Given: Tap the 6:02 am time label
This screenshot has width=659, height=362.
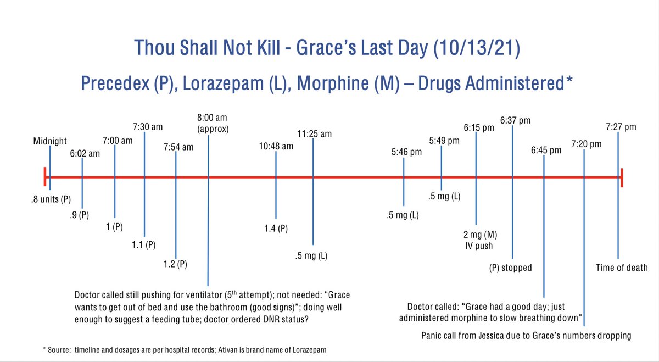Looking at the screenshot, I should point(85,154).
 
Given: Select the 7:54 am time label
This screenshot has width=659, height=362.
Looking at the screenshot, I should point(178,147).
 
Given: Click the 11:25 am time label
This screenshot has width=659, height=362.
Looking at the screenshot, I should point(314,133).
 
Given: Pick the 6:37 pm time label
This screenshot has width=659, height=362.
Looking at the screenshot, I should point(515,120).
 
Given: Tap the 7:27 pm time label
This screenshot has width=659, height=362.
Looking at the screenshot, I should point(621,127).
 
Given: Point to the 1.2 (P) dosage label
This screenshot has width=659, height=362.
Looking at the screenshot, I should point(176,264).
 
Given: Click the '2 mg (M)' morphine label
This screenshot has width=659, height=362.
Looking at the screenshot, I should point(477,235).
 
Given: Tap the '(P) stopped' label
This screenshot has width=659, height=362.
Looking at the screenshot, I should point(510,268).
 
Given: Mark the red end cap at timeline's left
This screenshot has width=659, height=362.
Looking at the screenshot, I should point(46,177).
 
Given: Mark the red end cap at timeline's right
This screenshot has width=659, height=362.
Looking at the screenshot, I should point(621,177).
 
